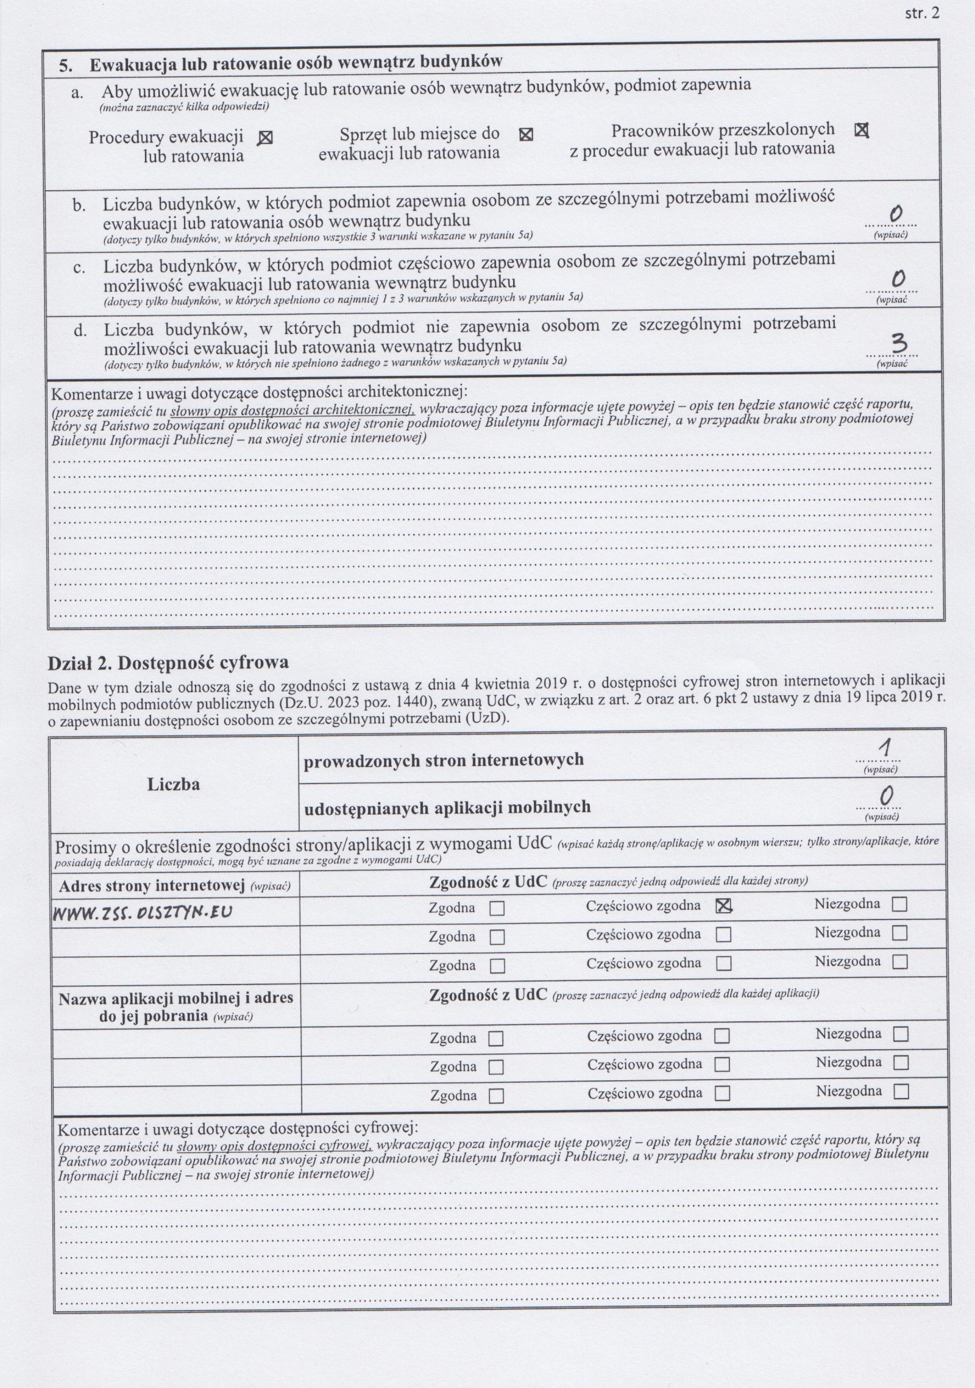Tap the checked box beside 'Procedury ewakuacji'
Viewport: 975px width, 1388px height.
pyautogui.click(x=265, y=138)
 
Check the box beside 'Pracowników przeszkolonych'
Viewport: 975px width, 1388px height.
pyautogui.click(x=862, y=130)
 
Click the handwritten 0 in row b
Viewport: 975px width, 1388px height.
pyautogui.click(x=895, y=214)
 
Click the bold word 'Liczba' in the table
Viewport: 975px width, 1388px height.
pyautogui.click(x=174, y=784)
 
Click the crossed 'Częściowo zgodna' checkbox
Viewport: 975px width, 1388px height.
pyautogui.click(x=723, y=907)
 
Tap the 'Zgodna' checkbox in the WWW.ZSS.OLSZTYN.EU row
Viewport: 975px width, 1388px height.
pyautogui.click(x=497, y=909)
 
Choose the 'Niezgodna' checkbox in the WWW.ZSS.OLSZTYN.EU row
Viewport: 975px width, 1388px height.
pyautogui.click(x=899, y=905)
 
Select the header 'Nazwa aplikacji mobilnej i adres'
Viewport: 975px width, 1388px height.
pyautogui.click(x=175, y=999)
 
